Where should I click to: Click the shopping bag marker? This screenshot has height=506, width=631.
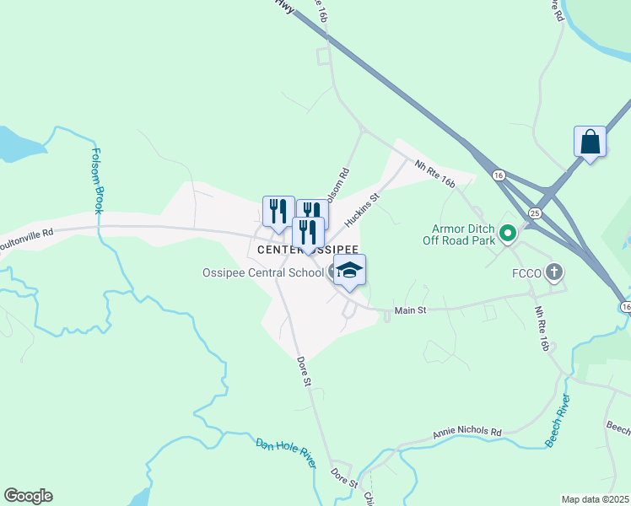(590, 141)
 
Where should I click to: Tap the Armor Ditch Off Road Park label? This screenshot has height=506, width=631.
(461, 234)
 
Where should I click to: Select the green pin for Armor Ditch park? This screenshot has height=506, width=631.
(508, 233)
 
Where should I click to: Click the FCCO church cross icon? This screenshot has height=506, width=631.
(553, 272)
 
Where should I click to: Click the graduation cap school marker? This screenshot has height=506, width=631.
(349, 271)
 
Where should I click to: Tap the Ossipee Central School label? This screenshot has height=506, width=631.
(262, 272)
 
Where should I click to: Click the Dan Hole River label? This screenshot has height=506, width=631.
(286, 453)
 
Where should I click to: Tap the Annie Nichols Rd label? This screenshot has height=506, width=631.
(467, 433)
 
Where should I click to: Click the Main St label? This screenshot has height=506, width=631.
(410, 310)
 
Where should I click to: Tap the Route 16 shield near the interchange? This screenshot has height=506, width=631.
(499, 175)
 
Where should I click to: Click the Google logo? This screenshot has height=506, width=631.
(28, 496)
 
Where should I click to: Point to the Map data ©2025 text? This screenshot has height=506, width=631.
(595, 499)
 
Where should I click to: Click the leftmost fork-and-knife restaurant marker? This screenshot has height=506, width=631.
(278, 211)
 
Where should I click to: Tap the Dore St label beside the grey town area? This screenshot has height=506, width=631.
(305, 371)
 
